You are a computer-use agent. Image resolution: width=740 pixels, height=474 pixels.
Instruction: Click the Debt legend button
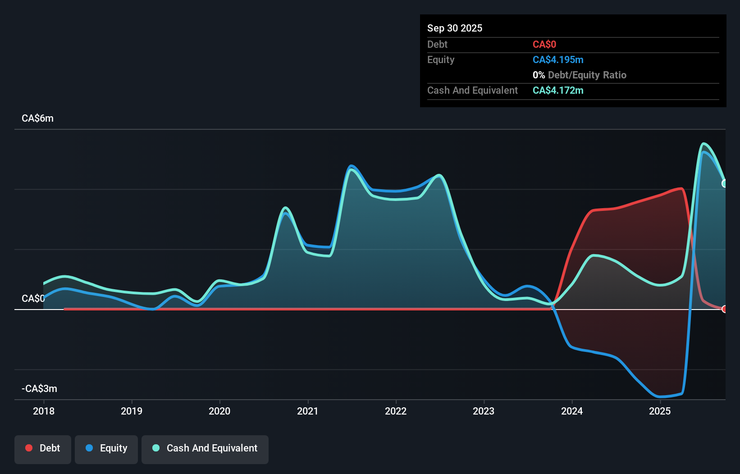[x=43, y=448]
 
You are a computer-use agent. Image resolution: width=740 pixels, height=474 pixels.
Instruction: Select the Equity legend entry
[x=106, y=448]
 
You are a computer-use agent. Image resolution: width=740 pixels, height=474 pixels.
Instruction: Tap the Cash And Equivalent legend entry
[x=205, y=448]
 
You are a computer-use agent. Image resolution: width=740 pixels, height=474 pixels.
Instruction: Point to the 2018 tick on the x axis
[x=44, y=411]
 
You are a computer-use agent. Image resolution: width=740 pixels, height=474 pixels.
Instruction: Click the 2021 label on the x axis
[x=308, y=411]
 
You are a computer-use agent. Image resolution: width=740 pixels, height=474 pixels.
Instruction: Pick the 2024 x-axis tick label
[x=572, y=411]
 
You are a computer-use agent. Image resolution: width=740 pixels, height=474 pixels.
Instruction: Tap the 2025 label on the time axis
[x=660, y=411]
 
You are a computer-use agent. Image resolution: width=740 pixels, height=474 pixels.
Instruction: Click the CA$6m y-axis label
[x=37, y=118]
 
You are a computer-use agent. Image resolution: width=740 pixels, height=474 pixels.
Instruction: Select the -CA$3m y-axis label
[x=40, y=389]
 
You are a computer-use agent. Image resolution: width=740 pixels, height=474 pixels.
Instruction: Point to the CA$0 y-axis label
[x=33, y=299]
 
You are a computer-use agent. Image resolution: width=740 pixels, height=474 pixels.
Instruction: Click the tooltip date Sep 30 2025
[x=455, y=28]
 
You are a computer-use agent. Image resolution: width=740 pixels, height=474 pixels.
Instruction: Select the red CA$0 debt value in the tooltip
[x=544, y=44]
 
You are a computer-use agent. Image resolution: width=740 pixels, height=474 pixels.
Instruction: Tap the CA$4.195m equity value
[x=557, y=60]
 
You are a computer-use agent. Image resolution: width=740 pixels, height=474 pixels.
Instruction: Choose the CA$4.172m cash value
[x=557, y=91]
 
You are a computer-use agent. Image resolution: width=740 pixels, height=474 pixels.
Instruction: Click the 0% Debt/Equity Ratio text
[x=579, y=75]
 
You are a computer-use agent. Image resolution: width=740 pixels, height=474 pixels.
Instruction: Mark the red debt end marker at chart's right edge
[x=724, y=309]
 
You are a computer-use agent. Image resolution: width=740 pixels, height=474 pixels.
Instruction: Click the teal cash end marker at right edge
[x=724, y=183]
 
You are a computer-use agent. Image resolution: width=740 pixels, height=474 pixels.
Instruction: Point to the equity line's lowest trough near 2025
[x=661, y=397]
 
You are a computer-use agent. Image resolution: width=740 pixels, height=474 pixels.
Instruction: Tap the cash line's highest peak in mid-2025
[x=704, y=144]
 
